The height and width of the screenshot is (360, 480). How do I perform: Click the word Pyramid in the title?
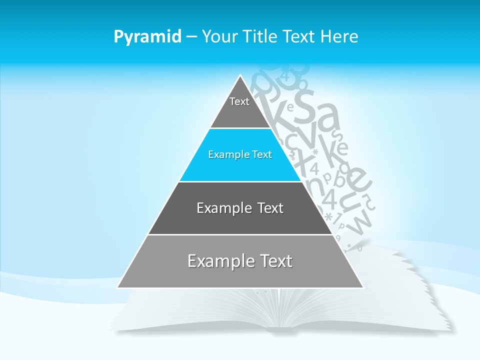click(147, 37)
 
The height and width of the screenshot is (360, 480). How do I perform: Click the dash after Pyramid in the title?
click(191, 37)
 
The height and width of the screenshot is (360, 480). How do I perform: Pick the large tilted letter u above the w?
click(352, 200)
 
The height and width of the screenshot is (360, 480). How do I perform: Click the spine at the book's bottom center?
click(282, 328)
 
